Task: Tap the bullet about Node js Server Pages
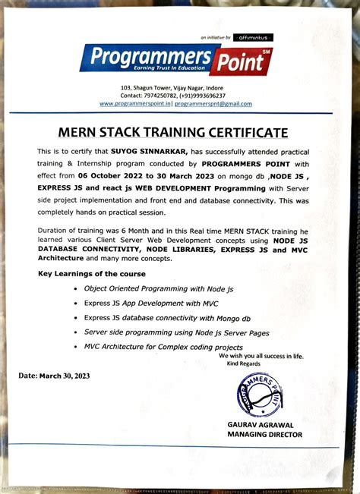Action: click(176, 332)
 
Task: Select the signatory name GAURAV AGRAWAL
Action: click(261, 425)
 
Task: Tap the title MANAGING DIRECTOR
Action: click(264, 435)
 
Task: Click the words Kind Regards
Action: click(242, 363)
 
